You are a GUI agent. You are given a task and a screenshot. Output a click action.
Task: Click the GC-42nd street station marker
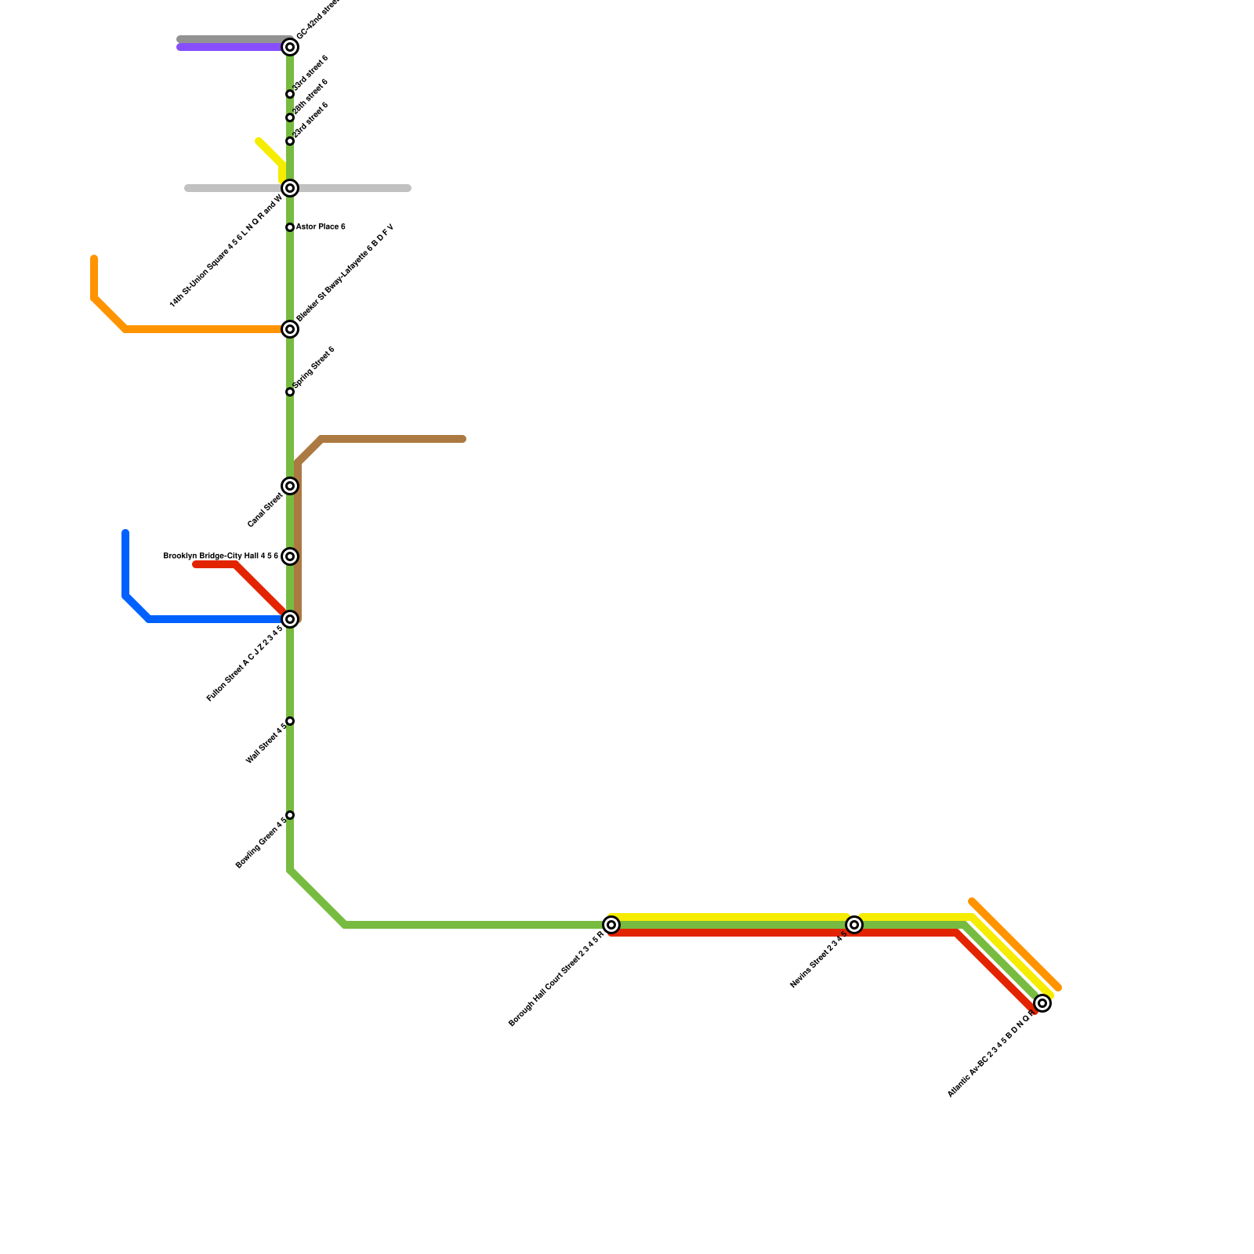click(290, 47)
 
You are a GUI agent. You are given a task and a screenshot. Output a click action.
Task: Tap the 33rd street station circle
click(290, 94)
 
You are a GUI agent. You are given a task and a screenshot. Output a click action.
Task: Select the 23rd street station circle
click(290, 141)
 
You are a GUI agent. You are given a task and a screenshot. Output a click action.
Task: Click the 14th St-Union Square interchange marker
click(290, 188)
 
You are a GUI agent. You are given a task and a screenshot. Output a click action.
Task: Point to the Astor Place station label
click(320, 227)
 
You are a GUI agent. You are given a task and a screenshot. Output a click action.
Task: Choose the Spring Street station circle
click(290, 392)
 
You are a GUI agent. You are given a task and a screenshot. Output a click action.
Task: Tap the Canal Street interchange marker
click(290, 486)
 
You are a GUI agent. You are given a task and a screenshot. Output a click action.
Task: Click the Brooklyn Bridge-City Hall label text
click(220, 556)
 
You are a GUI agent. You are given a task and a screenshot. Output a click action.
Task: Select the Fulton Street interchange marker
click(290, 619)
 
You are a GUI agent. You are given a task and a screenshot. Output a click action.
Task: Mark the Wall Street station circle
click(290, 721)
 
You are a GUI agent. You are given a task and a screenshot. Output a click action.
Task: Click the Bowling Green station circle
click(290, 815)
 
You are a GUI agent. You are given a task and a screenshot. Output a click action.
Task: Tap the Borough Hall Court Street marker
click(611, 925)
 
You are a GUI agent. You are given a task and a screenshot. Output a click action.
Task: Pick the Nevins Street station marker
click(854, 925)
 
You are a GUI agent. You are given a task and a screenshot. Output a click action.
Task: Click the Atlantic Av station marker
click(1042, 1003)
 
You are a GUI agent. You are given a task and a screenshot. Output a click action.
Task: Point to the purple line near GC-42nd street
click(227, 48)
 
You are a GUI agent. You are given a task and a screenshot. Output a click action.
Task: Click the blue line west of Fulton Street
click(212, 619)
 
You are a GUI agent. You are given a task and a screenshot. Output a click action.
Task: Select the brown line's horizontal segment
click(392, 439)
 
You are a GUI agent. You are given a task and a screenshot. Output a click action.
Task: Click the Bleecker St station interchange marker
click(290, 329)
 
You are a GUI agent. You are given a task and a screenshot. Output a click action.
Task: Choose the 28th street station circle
click(290, 118)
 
